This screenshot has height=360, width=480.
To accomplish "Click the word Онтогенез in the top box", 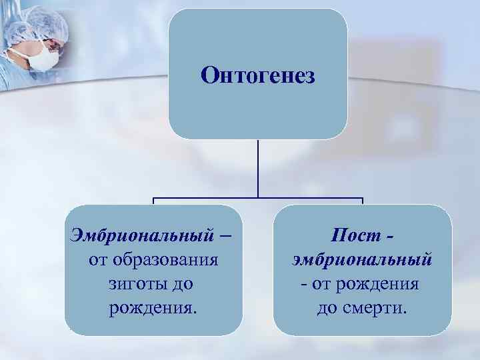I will coord(257,75).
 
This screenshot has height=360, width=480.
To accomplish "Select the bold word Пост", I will coord(351,234).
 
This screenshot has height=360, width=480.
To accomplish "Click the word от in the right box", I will coord(320,284).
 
